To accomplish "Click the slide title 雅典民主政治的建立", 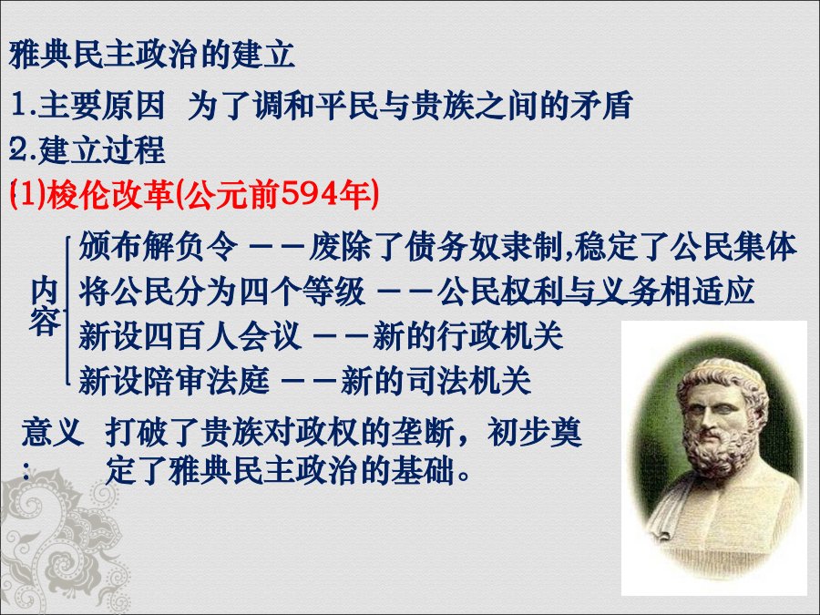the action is pos(152,55).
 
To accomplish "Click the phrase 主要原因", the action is pos(101,105).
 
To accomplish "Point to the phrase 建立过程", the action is pos(102,149).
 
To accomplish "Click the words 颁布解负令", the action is pos(159,246).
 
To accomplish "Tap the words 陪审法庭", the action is pos(206,380).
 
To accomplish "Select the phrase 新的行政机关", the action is pos(468,335).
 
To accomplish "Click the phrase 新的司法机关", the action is pos(436,380).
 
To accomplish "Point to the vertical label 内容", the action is pos(45,306).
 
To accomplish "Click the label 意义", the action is pos(52,432).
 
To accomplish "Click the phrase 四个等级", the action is pos(302,291).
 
